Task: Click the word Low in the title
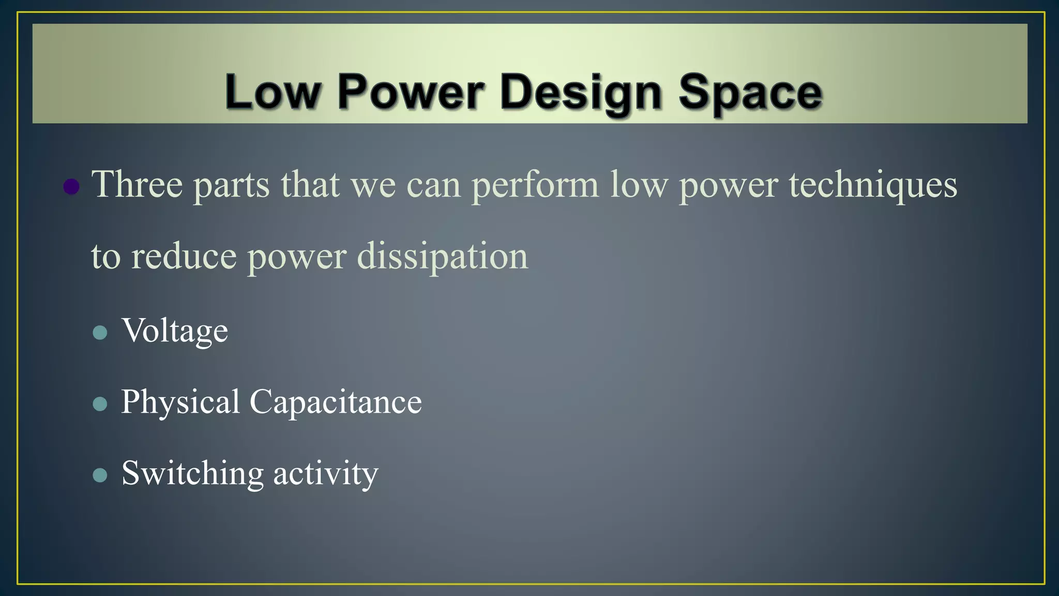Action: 272,92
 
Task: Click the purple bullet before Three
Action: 71,186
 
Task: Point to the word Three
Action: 137,184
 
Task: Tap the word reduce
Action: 184,257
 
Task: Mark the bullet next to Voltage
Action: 100,332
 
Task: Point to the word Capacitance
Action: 336,401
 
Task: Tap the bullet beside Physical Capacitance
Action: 100,404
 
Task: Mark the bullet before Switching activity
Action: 100,475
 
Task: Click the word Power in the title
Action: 411,92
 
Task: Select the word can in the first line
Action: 433,185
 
